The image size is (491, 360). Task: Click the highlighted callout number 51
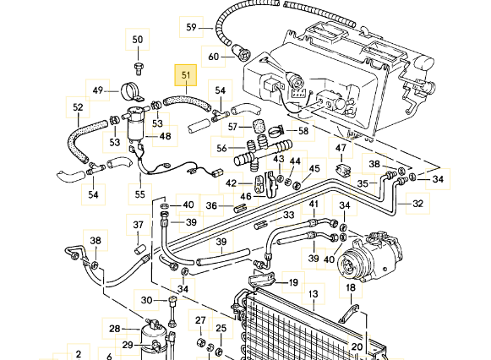pyautogui.click(x=186, y=75)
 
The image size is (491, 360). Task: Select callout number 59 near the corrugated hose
pyautogui.click(x=191, y=27)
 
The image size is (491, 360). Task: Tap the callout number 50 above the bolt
pyautogui.click(x=138, y=40)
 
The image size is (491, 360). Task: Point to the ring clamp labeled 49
pyautogui.click(x=131, y=92)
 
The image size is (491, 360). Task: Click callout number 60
pyautogui.click(x=213, y=57)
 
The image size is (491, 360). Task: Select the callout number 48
pyautogui.click(x=166, y=136)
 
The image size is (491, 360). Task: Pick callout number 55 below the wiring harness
pyautogui.click(x=140, y=194)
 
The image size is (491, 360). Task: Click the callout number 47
pyautogui.click(x=341, y=148)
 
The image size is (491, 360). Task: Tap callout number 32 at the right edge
pyautogui.click(x=418, y=204)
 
